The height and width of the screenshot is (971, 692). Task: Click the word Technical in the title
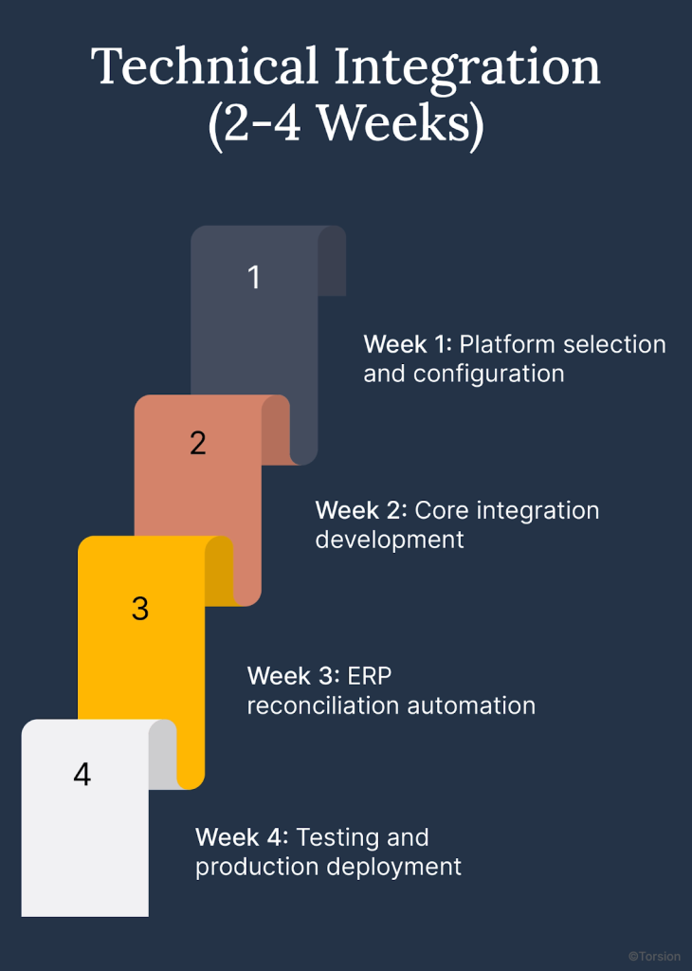click(x=205, y=66)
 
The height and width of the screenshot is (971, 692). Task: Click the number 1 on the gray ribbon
click(x=253, y=277)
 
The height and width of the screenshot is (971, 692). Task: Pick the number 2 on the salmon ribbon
click(x=197, y=443)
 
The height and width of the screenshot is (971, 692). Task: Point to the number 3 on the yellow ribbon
click(x=140, y=609)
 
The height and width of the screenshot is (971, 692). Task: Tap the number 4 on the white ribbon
click(x=82, y=775)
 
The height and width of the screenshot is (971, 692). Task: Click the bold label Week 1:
click(x=408, y=344)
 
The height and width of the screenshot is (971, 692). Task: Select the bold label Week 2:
click(x=361, y=510)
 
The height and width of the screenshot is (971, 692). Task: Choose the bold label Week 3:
click(x=293, y=676)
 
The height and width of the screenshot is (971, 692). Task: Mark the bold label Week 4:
click(x=242, y=837)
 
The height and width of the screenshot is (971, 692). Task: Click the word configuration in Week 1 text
click(x=488, y=374)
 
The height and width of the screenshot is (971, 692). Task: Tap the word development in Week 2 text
click(x=390, y=540)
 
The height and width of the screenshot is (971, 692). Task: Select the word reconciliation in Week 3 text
click(x=323, y=705)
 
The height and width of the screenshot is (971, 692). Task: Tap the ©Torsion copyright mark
click(x=654, y=957)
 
